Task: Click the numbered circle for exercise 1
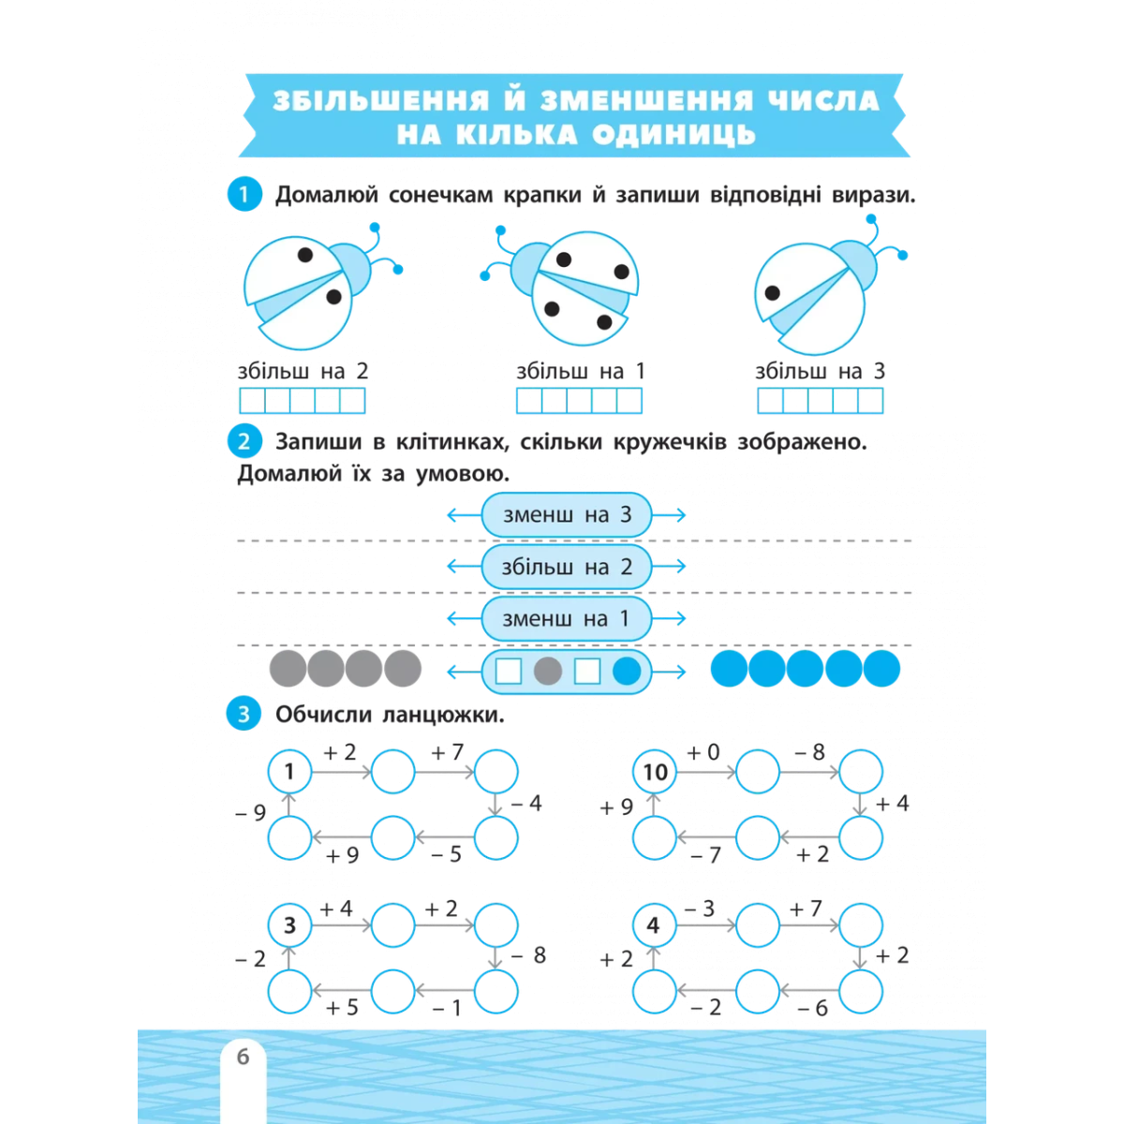[244, 194]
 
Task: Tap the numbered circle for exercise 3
[244, 714]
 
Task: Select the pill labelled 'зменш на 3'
[566, 514]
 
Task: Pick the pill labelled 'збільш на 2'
[566, 567]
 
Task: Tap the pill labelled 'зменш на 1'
[566, 618]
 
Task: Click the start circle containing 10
[655, 772]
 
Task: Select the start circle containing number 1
[289, 772]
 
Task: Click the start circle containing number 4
[655, 925]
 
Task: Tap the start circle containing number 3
[289, 925]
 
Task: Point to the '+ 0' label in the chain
[703, 752]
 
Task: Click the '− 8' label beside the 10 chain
[810, 752]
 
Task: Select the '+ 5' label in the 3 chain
[342, 1007]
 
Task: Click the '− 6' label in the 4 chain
[812, 1007]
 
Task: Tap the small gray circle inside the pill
[548, 672]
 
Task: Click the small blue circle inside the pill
[627, 672]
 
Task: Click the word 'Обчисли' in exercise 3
[323, 714]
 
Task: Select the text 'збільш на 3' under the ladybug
[821, 371]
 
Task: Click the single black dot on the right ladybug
[772, 293]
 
